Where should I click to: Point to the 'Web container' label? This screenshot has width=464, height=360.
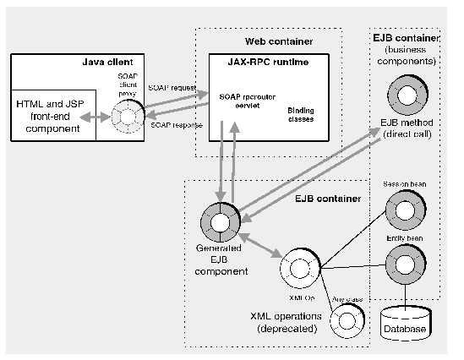pos(269,41)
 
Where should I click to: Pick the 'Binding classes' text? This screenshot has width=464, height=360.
pos(301,115)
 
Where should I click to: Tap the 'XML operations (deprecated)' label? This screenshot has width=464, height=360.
pos(287,321)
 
